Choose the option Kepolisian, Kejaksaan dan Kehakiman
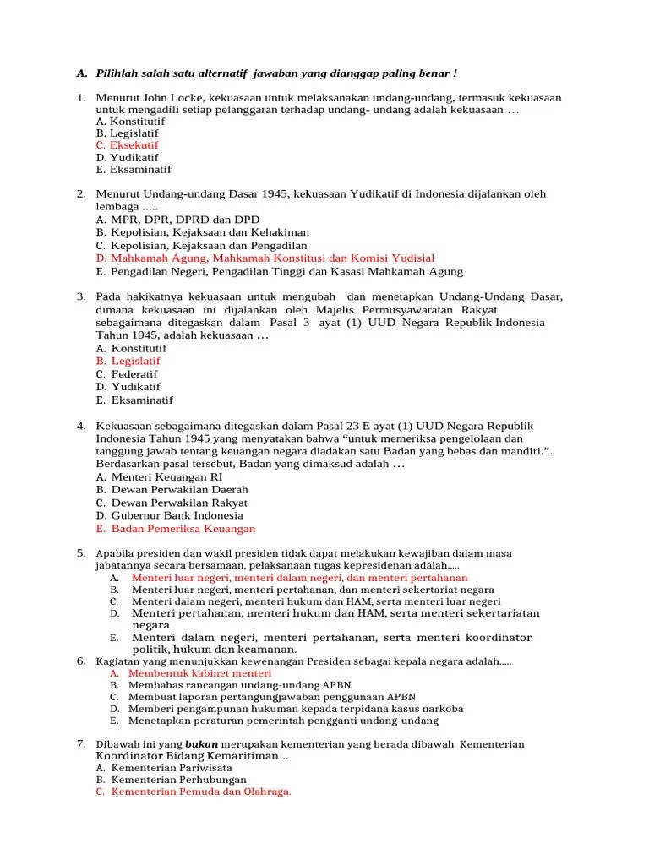coord(203,232)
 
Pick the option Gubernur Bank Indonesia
coord(177,515)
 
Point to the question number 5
coord(81,552)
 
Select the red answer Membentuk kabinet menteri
coord(190,673)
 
